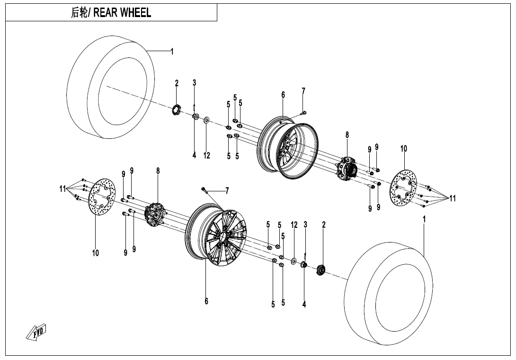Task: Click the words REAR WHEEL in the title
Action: pos(122,13)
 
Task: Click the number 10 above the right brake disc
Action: pos(403,149)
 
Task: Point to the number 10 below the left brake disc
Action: pos(96,253)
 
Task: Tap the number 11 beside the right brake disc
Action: pos(453,198)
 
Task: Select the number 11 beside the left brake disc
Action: pos(62,189)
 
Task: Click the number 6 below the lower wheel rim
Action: pos(206,301)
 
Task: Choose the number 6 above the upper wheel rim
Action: pos(283,95)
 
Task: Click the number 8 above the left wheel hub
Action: pos(158,171)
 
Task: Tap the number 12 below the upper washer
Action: pos(207,155)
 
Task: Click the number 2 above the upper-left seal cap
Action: pos(177,83)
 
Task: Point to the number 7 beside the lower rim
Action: pos(227,191)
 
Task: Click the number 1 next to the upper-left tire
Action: pos(172,52)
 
